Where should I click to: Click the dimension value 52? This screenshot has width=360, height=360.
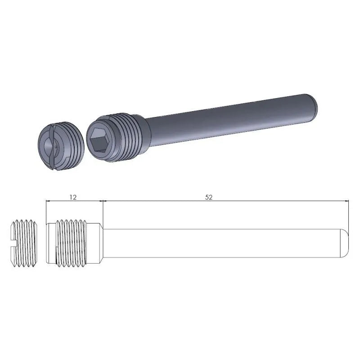point(208,197)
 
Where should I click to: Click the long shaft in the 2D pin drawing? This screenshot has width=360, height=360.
point(225,243)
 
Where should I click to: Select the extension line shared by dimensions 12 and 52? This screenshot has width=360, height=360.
point(103,211)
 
